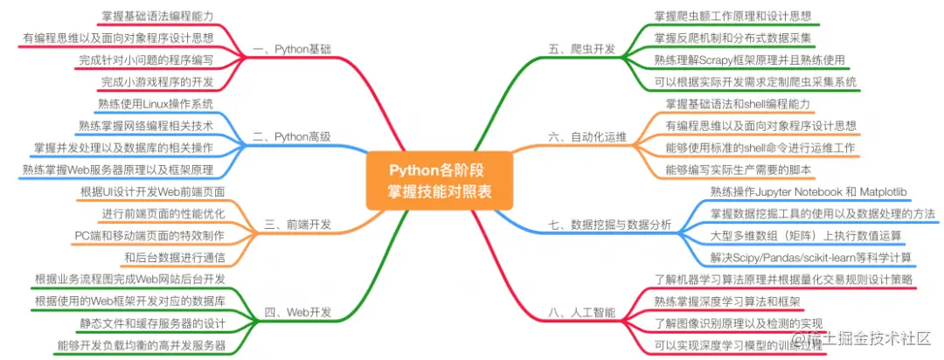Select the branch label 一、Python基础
pyautogui.click(x=292, y=50)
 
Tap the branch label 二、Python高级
pyautogui.click(x=292, y=136)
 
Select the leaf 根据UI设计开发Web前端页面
pyautogui.click(x=152, y=191)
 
